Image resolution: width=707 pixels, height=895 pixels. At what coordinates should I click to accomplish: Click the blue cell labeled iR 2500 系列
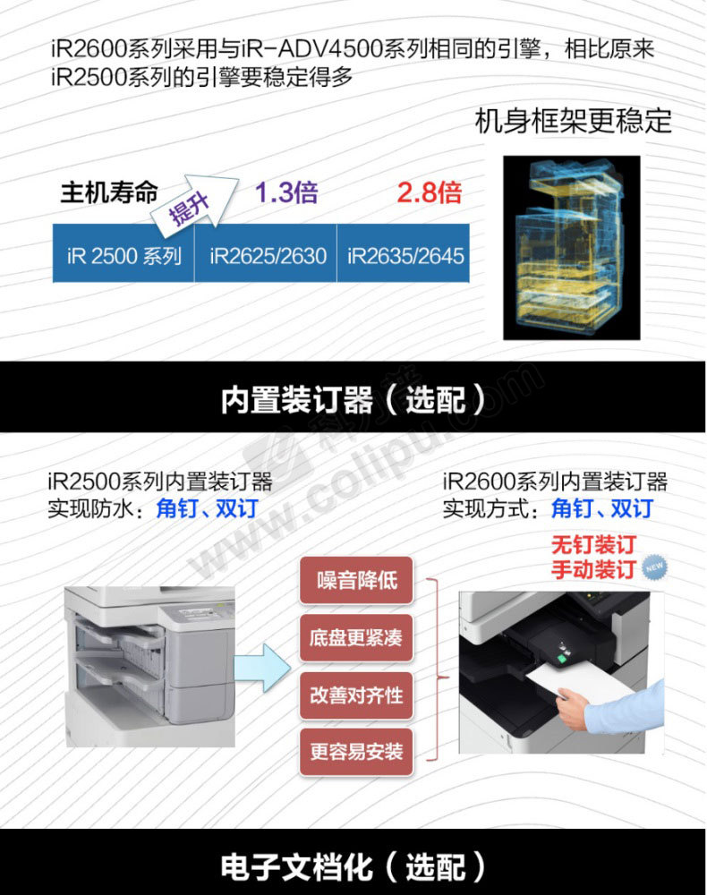coord(124,253)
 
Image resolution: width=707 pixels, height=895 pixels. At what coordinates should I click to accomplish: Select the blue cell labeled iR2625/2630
coord(266,253)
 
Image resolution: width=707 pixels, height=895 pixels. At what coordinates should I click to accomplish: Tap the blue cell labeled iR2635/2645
coord(404,253)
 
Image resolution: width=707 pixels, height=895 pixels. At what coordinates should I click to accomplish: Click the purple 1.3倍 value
coord(286,192)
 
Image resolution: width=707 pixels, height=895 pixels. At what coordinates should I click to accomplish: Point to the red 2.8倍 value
coord(429,192)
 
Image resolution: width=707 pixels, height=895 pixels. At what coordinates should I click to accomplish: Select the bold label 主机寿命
coord(109,192)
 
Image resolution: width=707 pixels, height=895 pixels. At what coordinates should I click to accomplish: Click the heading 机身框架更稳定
coord(574,121)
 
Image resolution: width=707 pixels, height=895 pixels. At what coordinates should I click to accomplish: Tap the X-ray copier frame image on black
coord(572,248)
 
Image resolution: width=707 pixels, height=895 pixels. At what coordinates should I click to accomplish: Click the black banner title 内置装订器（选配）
coord(353,399)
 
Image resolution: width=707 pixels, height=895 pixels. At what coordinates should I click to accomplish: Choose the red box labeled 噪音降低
coord(356,581)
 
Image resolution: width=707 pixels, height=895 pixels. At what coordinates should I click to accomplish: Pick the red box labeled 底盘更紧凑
coord(356,637)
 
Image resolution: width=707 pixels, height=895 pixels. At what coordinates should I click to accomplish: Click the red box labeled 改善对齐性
coord(356,695)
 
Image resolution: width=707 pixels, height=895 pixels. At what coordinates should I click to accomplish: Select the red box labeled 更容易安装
coord(356,752)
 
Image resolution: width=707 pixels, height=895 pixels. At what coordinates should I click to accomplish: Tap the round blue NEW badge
coord(654,567)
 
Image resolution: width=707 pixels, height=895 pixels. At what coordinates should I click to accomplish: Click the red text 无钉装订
coord(593,545)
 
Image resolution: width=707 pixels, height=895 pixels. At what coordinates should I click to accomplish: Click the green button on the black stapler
coord(561,659)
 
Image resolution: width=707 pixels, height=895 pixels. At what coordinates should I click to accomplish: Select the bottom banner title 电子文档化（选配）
coord(353,866)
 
